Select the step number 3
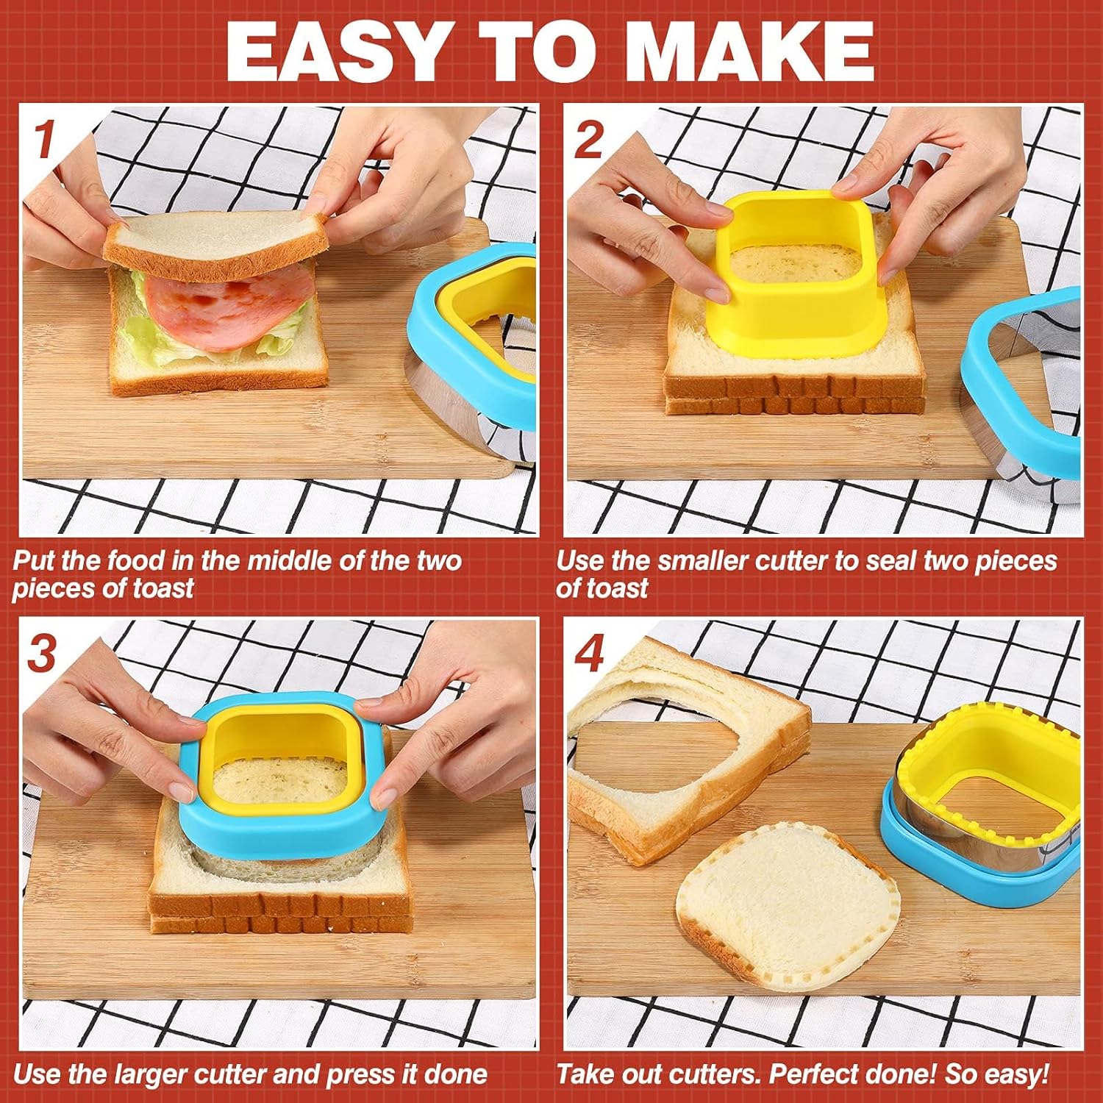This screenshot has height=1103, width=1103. (x=42, y=652)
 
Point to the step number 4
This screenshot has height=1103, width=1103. (x=588, y=653)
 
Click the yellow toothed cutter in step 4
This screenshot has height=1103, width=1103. (x=985, y=765)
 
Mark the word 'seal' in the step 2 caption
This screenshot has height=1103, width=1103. (x=890, y=561)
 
